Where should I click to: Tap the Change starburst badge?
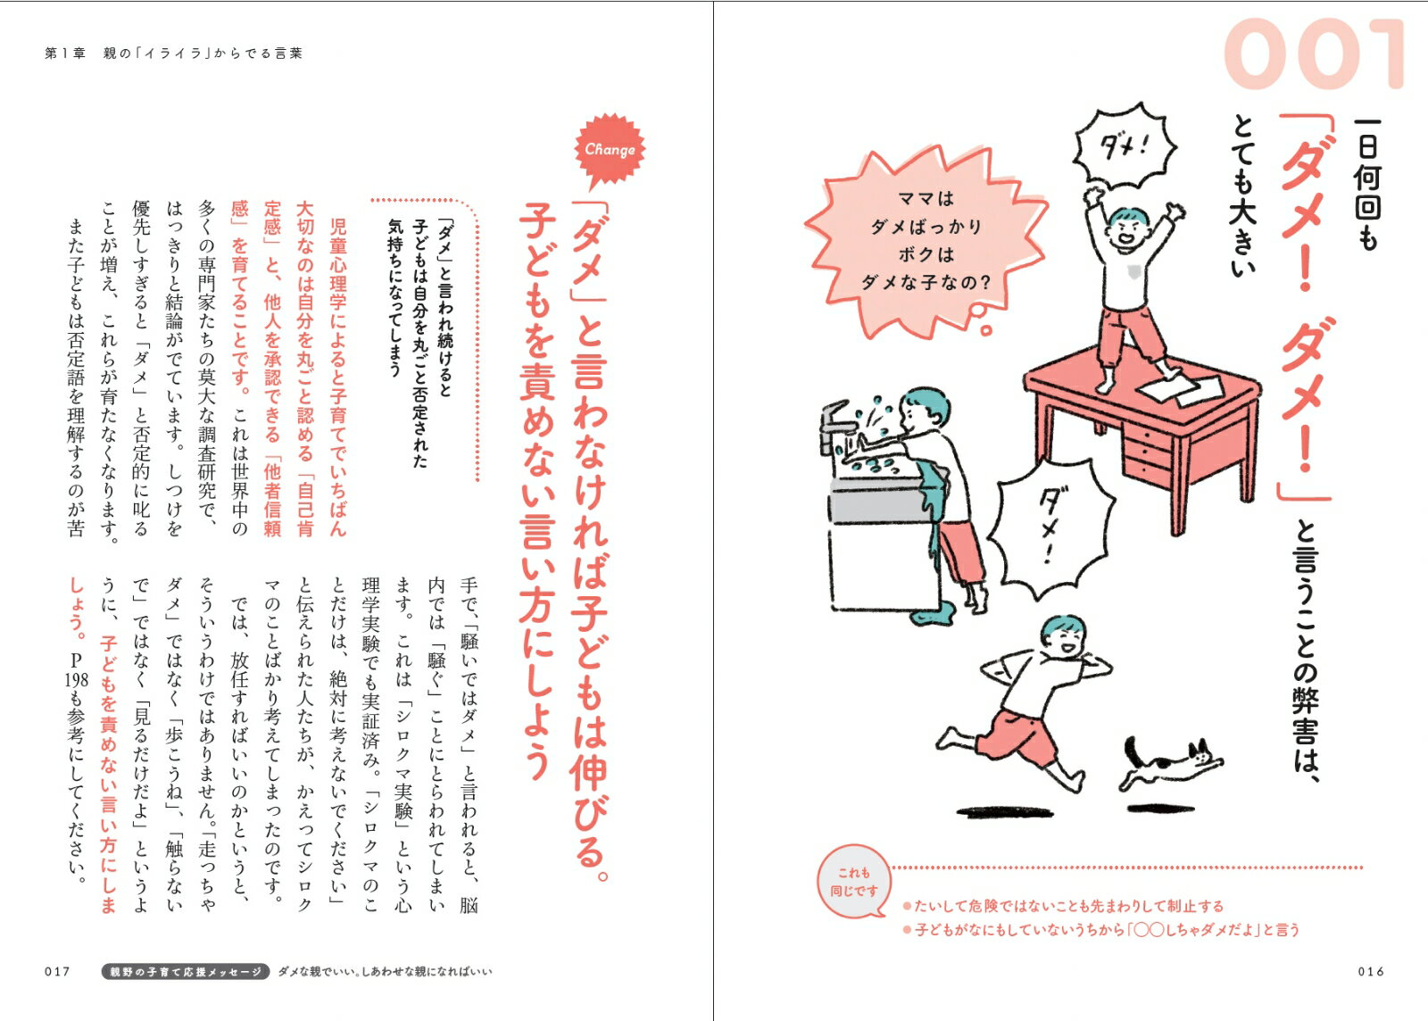coord(610,150)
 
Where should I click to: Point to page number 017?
coord(57,971)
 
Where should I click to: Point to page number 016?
coord(1371,971)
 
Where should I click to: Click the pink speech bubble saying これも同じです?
coord(854,882)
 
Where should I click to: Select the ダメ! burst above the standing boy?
coord(1125,146)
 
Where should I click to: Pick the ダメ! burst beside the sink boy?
coord(1054,528)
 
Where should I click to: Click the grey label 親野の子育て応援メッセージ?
coord(186,971)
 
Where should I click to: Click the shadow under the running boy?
coord(1009,812)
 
